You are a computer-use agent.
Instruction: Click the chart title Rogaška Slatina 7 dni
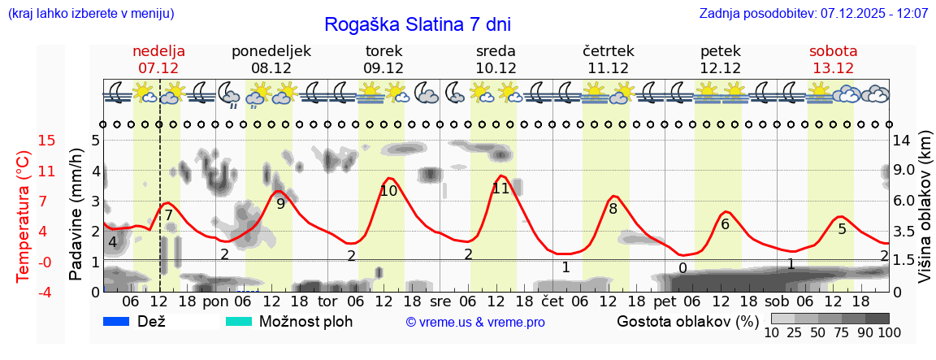[x=418, y=24]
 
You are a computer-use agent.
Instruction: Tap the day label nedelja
[x=158, y=51]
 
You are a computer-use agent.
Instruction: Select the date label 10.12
[x=496, y=68]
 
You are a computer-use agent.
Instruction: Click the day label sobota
[x=833, y=51]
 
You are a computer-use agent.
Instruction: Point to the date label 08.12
[x=271, y=68]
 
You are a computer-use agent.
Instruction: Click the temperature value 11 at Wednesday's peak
[x=500, y=189]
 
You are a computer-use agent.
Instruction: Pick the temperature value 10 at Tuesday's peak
[x=388, y=191]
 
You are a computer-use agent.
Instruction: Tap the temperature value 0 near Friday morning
[x=682, y=268]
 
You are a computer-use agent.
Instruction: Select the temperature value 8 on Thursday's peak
[x=613, y=209]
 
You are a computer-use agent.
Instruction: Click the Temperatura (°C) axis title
[x=24, y=215]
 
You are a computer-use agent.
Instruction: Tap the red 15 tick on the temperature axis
[x=24, y=141]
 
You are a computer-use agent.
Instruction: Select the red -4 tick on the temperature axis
[x=24, y=292]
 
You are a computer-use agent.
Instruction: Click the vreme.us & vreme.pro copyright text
[x=475, y=323]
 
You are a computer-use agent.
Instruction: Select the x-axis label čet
[x=552, y=301]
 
